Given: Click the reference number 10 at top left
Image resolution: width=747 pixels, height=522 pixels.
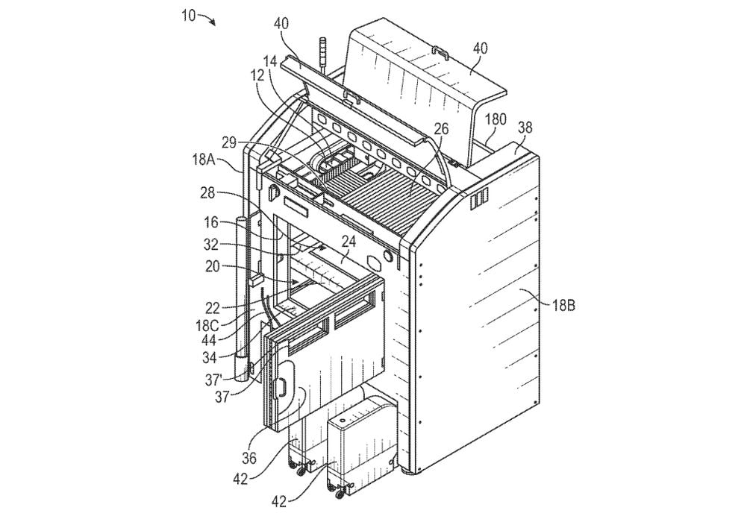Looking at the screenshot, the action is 188,15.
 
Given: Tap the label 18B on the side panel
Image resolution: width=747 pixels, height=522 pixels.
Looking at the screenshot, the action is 563,305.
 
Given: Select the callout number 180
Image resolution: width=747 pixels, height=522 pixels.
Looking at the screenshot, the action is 496,119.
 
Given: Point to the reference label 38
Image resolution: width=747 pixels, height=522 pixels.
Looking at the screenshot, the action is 525,128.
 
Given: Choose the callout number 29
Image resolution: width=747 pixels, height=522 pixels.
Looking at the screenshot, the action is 230,142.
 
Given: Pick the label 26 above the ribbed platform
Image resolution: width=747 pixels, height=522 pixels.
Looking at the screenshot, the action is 441,128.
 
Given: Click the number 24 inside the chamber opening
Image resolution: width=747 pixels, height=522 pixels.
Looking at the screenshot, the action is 349,242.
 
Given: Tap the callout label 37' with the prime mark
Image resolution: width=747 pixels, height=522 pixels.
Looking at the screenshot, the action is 213,380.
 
